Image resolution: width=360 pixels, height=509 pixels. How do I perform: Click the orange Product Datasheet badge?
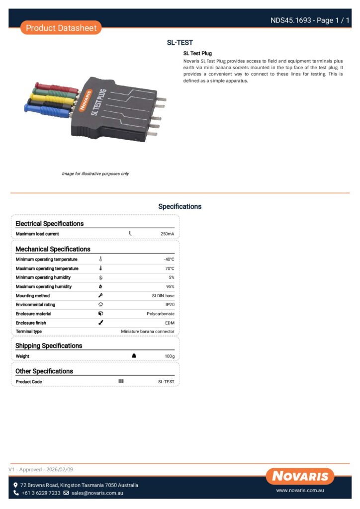coord(61,28)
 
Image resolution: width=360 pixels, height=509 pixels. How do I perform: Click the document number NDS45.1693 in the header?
coord(290,20)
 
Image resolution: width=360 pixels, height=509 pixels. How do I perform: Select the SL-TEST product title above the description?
coord(180,43)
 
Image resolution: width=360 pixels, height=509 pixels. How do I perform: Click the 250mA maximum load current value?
coord(167,234)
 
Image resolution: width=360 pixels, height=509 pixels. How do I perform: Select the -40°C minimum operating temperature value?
coord(169,259)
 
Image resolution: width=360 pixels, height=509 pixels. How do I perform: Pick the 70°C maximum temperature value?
coord(169,268)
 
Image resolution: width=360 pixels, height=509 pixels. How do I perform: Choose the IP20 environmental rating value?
coord(170,305)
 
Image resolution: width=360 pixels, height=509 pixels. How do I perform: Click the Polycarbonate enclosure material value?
coord(160,314)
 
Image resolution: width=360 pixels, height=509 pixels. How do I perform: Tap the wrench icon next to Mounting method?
coord(100,295)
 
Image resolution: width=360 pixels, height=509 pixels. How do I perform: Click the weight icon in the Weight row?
coord(134,356)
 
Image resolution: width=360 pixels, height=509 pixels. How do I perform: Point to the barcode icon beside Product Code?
coord(121,381)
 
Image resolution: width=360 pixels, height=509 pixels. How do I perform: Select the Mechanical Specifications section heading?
coord(53,249)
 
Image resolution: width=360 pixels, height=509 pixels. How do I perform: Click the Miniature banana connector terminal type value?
coord(148,332)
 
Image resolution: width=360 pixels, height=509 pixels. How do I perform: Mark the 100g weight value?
coord(169,356)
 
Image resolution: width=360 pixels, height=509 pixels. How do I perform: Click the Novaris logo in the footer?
coord(300,476)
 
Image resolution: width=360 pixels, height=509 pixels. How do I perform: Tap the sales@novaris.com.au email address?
coord(97,493)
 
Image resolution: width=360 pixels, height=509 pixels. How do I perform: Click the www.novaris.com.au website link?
coord(300,490)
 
